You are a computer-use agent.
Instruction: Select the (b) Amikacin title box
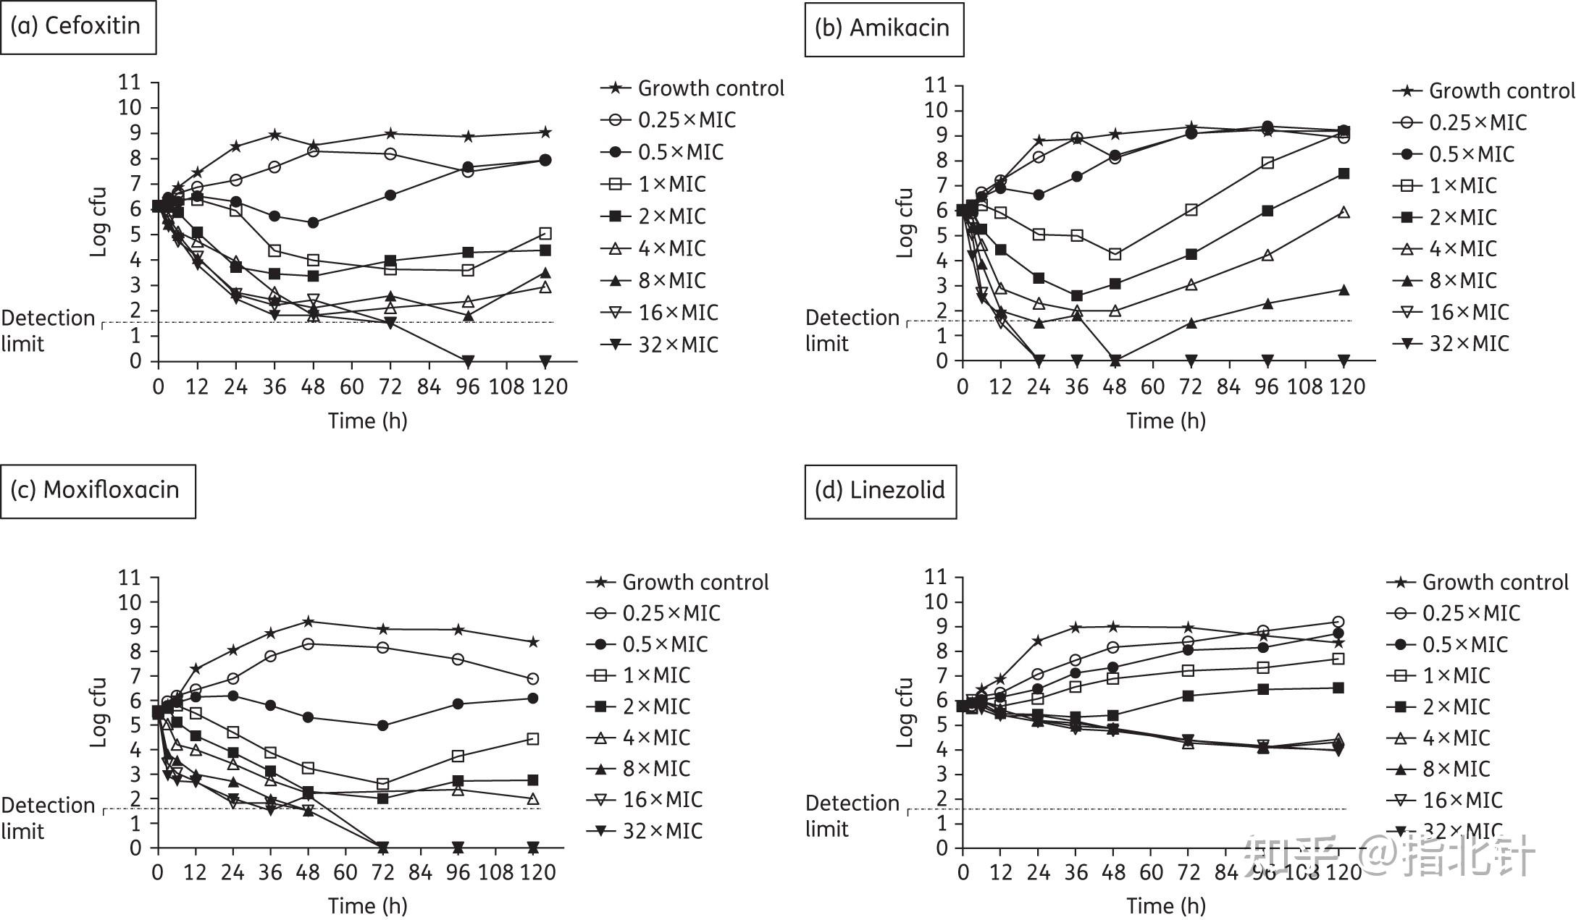(x=883, y=28)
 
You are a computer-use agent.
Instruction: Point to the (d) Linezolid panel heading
(x=879, y=491)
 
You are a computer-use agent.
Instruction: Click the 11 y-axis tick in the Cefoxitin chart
(x=130, y=83)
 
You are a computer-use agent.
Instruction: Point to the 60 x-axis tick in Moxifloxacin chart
(x=345, y=872)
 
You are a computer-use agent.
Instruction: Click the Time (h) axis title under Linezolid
(x=1165, y=906)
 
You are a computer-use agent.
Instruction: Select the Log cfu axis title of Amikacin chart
(x=905, y=223)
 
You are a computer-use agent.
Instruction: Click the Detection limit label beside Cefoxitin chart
(x=48, y=331)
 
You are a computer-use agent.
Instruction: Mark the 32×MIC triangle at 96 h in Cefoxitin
(x=468, y=360)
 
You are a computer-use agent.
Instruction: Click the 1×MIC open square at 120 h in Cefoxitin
(x=545, y=234)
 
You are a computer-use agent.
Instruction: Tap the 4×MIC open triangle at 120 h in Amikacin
(x=1344, y=212)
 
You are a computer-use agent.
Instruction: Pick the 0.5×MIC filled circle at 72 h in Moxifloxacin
(x=383, y=725)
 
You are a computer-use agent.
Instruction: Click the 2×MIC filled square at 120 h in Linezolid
(x=1338, y=688)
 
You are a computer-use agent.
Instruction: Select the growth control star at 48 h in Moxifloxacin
(x=308, y=621)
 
